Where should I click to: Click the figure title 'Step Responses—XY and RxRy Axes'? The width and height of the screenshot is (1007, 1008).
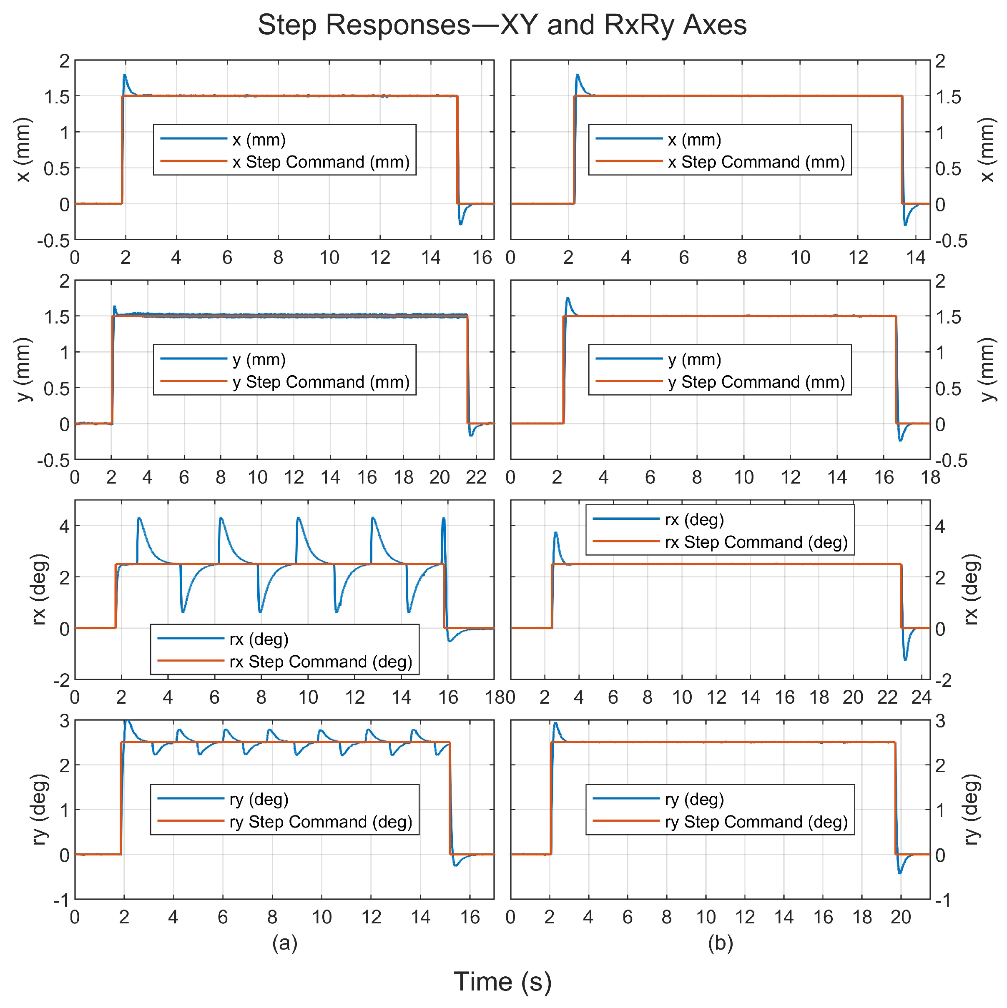pyautogui.click(x=502, y=25)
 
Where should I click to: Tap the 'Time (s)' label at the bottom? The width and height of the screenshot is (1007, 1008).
pyautogui.click(x=502, y=982)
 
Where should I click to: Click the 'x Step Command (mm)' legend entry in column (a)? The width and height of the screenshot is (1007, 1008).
pyautogui.click(x=320, y=162)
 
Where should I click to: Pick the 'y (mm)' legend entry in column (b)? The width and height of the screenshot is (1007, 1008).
pyautogui.click(x=694, y=359)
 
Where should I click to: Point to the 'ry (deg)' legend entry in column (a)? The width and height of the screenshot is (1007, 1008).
pyautogui.click(x=259, y=799)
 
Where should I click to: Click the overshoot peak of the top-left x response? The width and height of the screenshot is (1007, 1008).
pyautogui.click(x=125, y=75)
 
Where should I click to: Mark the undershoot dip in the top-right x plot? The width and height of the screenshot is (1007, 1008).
pyautogui.click(x=905, y=225)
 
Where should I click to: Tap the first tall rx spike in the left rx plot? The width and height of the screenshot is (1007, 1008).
pyautogui.click(x=139, y=518)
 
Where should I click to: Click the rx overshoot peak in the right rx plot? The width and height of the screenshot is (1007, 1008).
pyautogui.click(x=556, y=533)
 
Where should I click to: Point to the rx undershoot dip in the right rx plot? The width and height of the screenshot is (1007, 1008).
pyautogui.click(x=905, y=660)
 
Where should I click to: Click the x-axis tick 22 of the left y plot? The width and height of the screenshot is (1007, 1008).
pyautogui.click(x=476, y=477)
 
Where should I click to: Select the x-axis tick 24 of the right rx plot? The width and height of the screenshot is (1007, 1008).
pyautogui.click(x=922, y=697)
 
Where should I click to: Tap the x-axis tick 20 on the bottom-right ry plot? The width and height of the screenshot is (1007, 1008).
pyautogui.click(x=901, y=917)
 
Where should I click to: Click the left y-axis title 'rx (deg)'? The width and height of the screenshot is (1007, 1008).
pyautogui.click(x=40, y=589)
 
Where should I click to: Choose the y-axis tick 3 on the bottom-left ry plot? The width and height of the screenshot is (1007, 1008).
pyautogui.click(x=64, y=721)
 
